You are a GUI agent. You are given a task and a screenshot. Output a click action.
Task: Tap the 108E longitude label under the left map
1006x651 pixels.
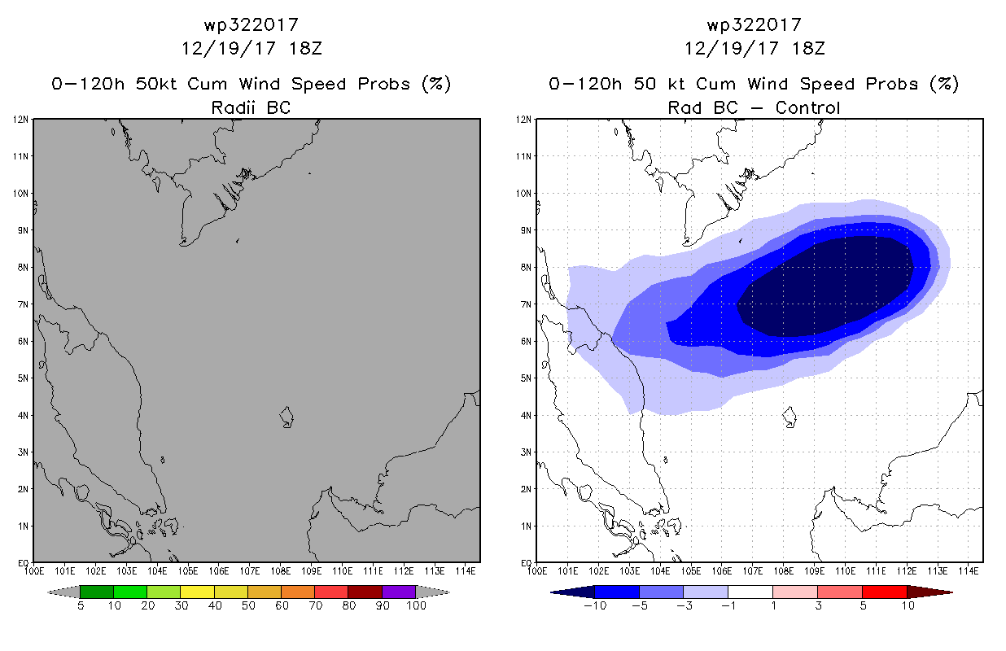(280, 571)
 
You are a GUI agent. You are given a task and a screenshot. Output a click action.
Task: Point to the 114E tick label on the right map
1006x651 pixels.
(969, 571)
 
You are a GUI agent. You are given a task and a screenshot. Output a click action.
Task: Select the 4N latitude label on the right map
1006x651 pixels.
(526, 415)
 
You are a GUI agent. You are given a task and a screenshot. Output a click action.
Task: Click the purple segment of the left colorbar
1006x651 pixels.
(399, 592)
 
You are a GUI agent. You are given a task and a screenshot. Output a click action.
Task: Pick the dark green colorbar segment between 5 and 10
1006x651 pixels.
(97, 592)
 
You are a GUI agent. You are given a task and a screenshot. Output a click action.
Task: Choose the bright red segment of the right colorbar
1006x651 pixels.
(885, 592)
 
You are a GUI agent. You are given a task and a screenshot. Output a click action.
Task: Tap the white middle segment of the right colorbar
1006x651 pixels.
(750, 592)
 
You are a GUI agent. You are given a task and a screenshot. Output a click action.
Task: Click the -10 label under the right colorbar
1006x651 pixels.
(595, 605)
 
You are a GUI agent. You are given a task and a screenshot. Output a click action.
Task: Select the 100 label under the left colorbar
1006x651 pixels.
(416, 605)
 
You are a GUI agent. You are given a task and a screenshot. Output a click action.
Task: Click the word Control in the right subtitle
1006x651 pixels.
(807, 107)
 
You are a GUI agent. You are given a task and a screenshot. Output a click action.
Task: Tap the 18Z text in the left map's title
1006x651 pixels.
(305, 48)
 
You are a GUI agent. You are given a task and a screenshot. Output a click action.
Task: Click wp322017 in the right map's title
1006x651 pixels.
(754, 24)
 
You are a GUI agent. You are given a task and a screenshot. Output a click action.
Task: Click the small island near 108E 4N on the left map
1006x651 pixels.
(286, 417)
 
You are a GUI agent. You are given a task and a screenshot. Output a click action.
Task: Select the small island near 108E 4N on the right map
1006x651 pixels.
(789, 417)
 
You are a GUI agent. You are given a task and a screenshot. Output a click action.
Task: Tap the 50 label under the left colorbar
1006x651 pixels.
(248, 605)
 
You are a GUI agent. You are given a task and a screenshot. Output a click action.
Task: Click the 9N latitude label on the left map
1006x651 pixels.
(23, 230)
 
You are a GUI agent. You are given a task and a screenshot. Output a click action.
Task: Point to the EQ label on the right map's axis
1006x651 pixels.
(526, 562)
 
